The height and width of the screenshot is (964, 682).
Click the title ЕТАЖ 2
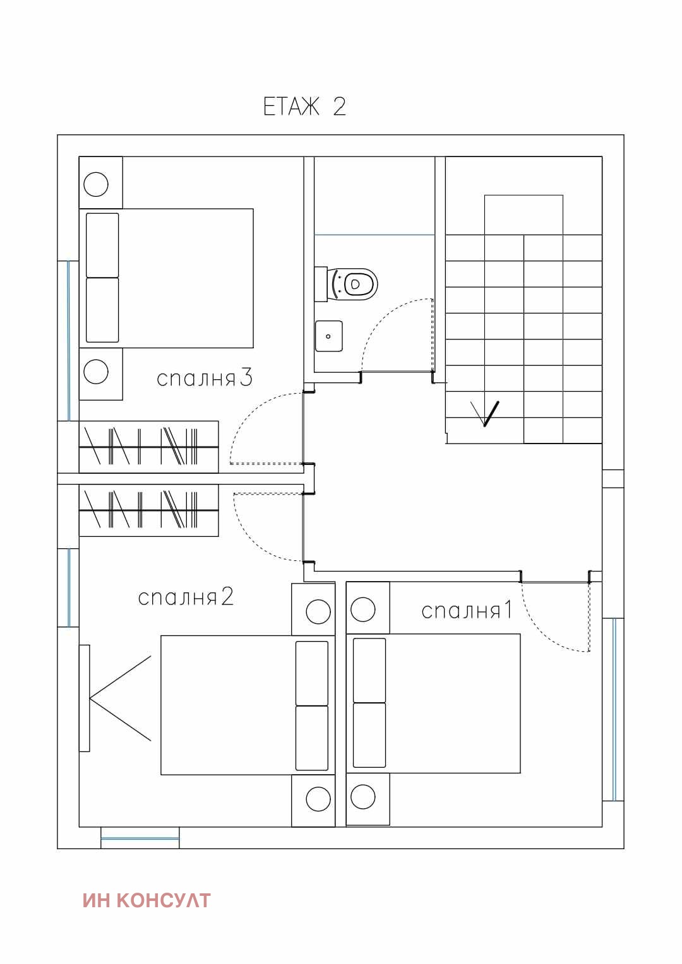click(304, 106)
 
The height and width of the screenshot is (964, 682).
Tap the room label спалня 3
click(204, 378)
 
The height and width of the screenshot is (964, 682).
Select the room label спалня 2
click(186, 597)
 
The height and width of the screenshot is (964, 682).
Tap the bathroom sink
click(329, 336)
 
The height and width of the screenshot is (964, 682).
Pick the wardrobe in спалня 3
click(148, 447)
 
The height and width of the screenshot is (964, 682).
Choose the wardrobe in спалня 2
click(148, 510)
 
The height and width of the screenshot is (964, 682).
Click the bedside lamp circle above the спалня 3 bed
click(95, 184)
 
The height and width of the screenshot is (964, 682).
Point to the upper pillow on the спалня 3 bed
click(102, 245)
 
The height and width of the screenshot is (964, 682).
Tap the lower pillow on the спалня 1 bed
click(369, 735)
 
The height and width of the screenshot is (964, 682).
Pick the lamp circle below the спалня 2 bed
click(318, 799)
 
